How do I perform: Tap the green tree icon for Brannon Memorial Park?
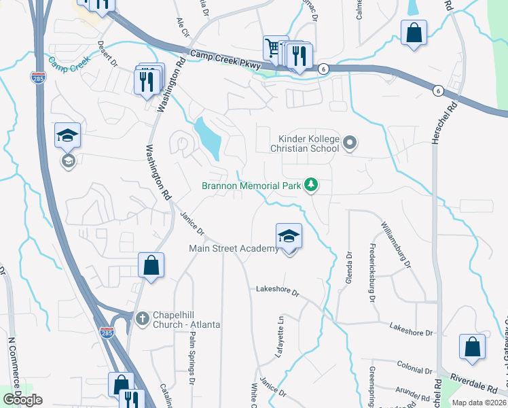pos(311,184)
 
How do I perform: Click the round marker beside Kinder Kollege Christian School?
pos(350,143)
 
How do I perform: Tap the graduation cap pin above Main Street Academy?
pos(289,236)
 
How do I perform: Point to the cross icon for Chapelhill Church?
pos(142,318)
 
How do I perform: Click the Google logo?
pos(23,400)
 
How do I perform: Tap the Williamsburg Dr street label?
pos(397,244)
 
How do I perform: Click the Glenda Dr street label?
pos(350,266)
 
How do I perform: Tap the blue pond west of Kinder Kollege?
pos(209,137)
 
